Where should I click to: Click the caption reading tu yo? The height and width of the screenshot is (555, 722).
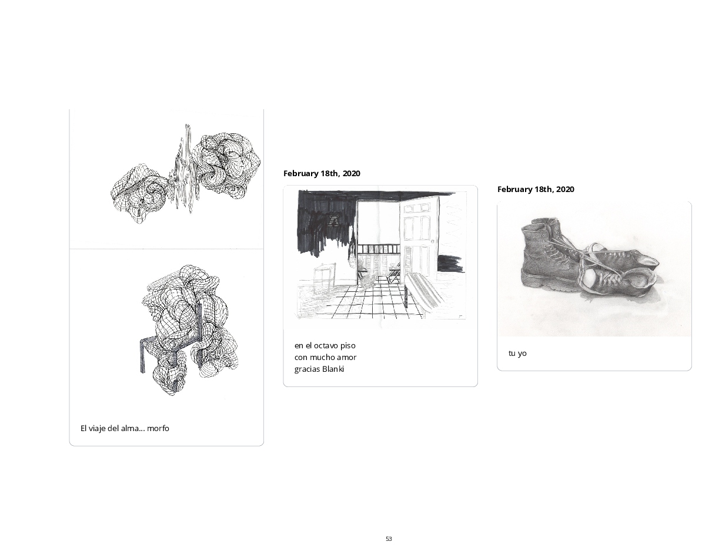(x=517, y=354)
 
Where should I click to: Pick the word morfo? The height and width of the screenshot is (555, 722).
(x=158, y=428)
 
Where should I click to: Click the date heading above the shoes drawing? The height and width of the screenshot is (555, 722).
(x=536, y=189)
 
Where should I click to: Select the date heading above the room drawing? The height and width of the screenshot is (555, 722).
(x=322, y=173)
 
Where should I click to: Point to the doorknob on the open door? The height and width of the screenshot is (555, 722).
(x=432, y=241)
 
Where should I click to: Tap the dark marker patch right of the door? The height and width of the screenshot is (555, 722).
(x=450, y=264)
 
